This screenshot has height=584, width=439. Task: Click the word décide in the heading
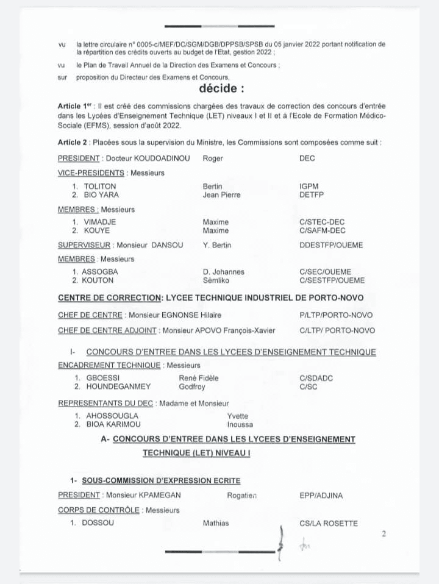coord(221,89)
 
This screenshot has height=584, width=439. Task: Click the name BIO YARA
coord(101,195)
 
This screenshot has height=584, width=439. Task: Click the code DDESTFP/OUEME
coord(331,245)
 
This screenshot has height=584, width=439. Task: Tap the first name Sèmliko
coord(216,280)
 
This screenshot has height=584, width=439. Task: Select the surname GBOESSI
coord(101,378)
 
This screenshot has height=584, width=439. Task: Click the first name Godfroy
coord(191,386)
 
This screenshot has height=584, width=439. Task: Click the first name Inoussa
coord(240,424)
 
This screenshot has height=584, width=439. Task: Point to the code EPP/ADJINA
coord(321,495)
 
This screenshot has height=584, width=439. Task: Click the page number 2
coord(384,534)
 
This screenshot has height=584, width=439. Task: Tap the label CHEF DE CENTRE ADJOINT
coord(107,330)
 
